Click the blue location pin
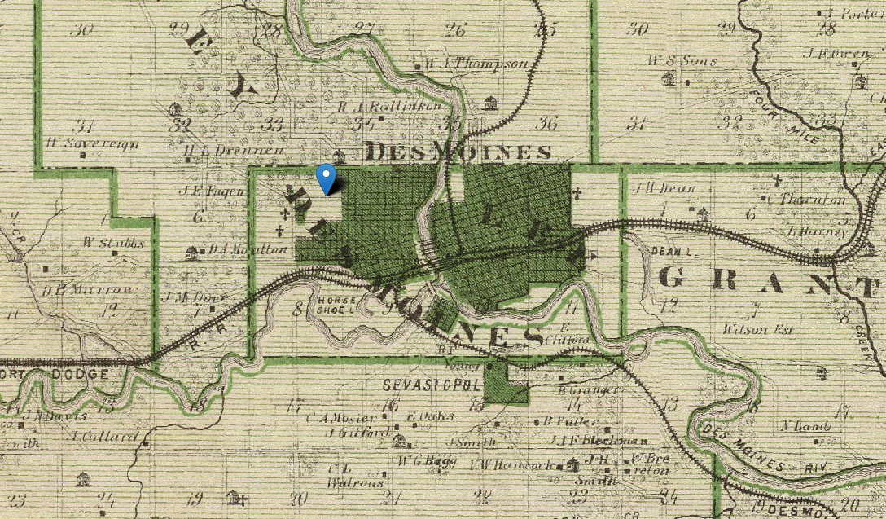tap(327, 178)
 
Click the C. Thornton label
tap(807, 200)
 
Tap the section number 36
tap(548, 123)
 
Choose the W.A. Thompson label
tap(476, 63)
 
